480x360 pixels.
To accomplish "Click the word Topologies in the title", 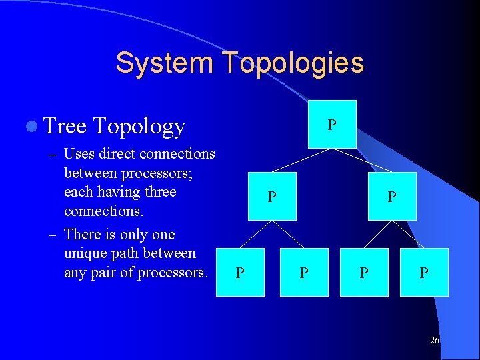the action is [x=293, y=63].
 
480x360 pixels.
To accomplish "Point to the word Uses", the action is [x=79, y=154].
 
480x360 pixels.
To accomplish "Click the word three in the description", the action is [x=159, y=192].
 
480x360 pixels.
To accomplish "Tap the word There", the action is [x=84, y=235].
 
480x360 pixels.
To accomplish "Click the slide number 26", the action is [x=434, y=340].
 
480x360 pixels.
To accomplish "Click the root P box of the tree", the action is [x=332, y=124].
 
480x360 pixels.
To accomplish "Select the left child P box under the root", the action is [x=272, y=196].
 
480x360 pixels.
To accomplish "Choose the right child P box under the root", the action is [x=392, y=196].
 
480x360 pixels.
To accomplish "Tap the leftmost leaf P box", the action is [x=241, y=272].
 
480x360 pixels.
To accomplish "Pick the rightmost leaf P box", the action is [x=424, y=272].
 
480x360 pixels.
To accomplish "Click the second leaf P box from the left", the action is [x=304, y=272].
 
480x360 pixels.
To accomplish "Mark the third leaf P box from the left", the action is [x=364, y=272].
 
